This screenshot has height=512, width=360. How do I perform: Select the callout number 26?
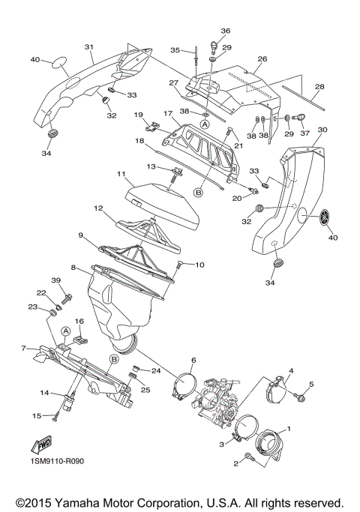pos(262,58)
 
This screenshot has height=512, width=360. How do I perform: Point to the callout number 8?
pos(73,267)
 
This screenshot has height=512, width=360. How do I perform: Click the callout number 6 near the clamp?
pos(193,361)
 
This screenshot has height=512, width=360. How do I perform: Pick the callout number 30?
pos(322,130)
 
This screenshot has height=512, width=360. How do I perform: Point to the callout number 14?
pos(44,393)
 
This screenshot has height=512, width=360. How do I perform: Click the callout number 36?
pos(225,31)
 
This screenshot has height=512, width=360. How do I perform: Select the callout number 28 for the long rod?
pos(320,88)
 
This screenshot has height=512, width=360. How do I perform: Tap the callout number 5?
pos(313,385)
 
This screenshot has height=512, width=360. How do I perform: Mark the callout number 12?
pos(98,208)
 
